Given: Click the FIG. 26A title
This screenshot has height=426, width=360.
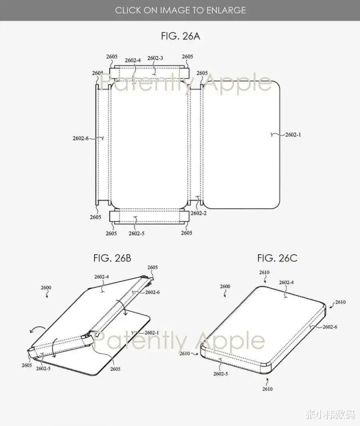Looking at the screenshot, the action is coord(180,36).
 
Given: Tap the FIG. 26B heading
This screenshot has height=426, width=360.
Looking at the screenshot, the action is coord(112,258).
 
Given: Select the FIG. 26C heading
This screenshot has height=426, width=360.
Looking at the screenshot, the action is coord(277,258).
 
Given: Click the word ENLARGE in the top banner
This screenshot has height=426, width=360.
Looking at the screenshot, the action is coord(226,11).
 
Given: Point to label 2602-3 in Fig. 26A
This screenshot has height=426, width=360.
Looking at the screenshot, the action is coord(155,58).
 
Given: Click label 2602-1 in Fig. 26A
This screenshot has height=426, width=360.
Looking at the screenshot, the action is coord(293,135).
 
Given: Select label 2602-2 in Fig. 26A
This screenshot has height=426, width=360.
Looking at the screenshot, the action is coord(198,213).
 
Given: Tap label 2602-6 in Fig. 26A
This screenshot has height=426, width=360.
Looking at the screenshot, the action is coord(80,138).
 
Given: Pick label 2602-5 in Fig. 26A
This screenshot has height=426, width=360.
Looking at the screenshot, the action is coord(136,233).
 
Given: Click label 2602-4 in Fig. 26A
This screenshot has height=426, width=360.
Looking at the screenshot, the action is coord(132,60).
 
